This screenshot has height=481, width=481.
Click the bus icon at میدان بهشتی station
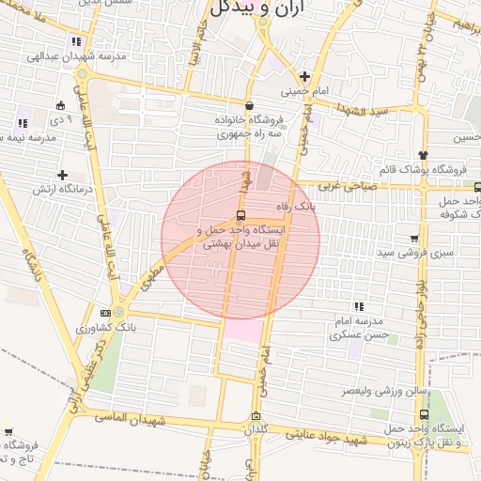point(241,214)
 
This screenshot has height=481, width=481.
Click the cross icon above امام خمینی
point(303,76)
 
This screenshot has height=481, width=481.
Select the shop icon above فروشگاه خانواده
point(249,105)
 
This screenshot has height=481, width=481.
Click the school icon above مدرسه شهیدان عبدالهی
point(75,41)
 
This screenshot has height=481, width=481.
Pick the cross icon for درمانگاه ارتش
point(62,175)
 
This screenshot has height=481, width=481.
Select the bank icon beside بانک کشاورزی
point(105,313)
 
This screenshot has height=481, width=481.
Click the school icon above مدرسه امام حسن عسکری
point(358,305)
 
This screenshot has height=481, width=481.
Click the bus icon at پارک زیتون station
point(425,414)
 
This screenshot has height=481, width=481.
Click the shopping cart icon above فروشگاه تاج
point(8,431)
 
